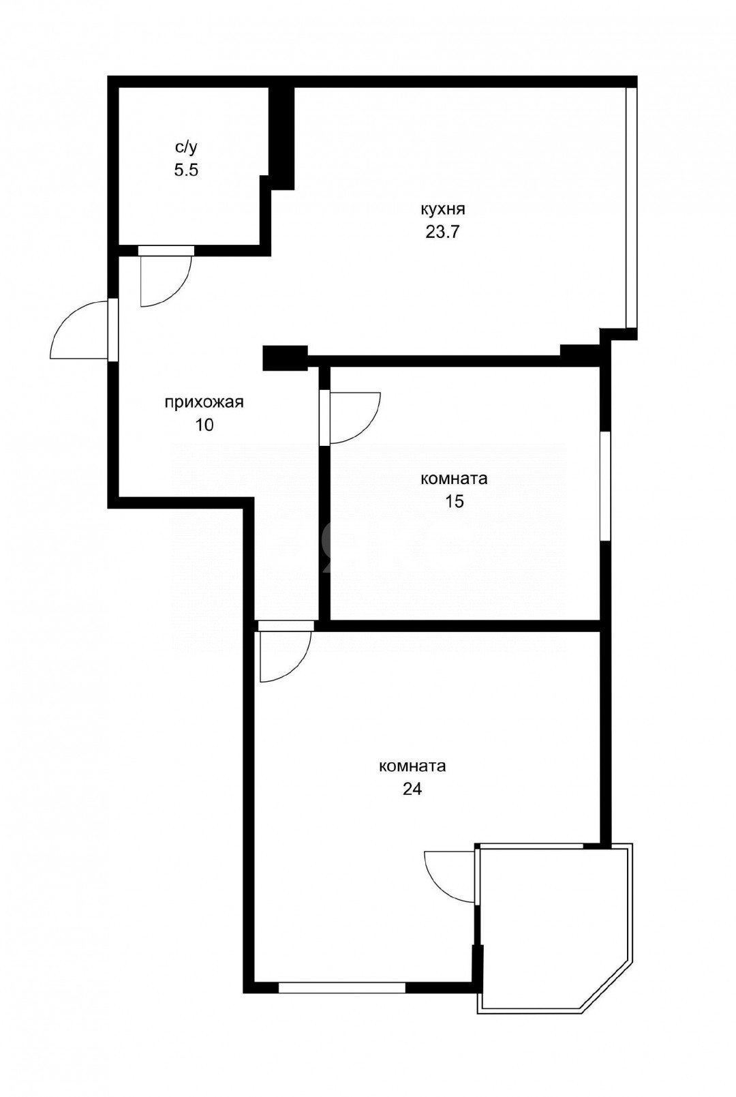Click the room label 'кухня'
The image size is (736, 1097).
[x=443, y=209]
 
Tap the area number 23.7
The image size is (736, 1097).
[x=443, y=232]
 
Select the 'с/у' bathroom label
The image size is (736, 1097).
[x=185, y=147]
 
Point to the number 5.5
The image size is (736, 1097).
[x=185, y=170]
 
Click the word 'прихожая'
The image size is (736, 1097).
[x=204, y=402]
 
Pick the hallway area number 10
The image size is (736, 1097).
[x=204, y=425]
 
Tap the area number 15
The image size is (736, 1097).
[x=455, y=502]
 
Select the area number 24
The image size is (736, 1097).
[x=412, y=790]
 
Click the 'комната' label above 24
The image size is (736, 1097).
[x=412, y=766]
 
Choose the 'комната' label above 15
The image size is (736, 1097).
[x=455, y=479]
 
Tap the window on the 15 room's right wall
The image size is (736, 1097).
[x=604, y=485]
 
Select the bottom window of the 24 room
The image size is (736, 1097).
[x=342, y=987]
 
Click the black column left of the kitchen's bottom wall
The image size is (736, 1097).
[x=285, y=358]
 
